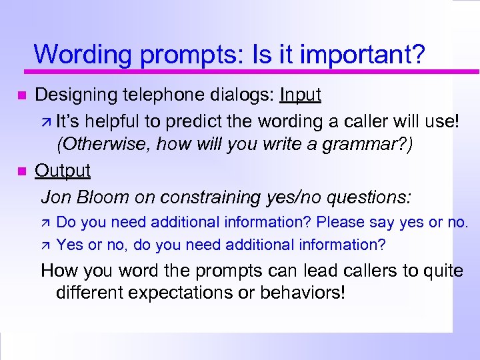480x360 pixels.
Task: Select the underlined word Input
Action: click(301, 95)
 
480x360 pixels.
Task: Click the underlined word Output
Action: click(63, 171)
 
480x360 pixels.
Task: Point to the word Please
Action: click(343, 222)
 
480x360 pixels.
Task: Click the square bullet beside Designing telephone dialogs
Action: click(21, 97)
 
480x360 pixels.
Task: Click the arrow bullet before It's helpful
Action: click(45, 121)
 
